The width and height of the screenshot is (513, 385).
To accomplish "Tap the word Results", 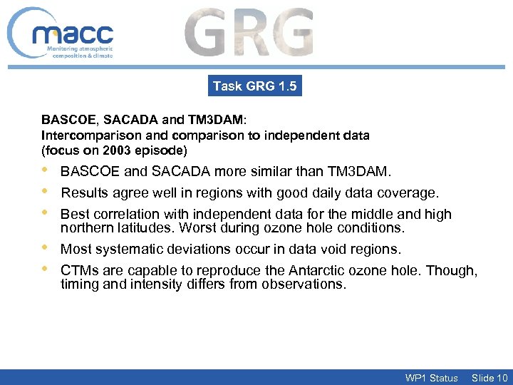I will click(x=83, y=193).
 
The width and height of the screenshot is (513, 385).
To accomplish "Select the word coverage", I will click(x=411, y=193).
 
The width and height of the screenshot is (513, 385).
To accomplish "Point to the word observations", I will click(x=309, y=284).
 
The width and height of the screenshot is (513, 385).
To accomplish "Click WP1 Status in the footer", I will click(x=431, y=378).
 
